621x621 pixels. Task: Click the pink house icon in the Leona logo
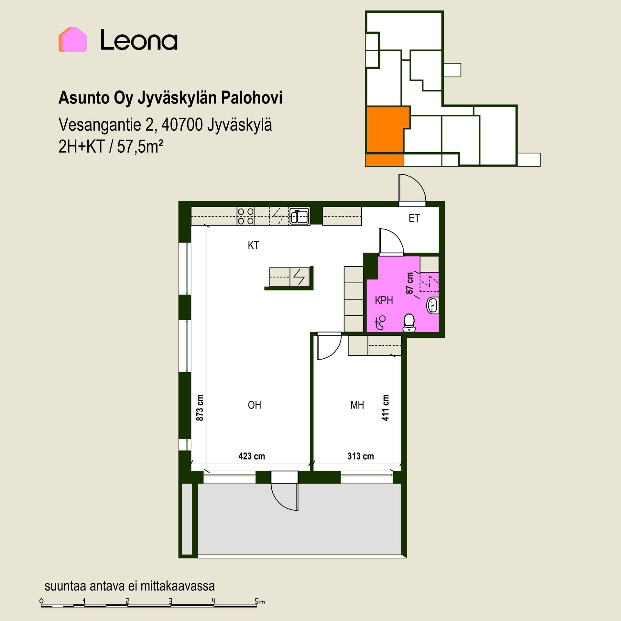click(x=73, y=39)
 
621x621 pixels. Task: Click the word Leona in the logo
click(x=139, y=40)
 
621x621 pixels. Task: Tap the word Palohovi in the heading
click(x=252, y=98)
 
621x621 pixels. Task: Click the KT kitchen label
click(x=253, y=245)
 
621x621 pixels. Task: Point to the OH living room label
click(x=254, y=405)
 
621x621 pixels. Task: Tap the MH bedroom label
click(x=357, y=405)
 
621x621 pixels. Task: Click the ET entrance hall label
click(x=414, y=218)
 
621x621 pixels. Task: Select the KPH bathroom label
click(x=384, y=300)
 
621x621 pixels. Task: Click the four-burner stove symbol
click(x=245, y=216)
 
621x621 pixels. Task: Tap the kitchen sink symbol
click(x=300, y=216)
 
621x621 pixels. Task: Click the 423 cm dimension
click(x=252, y=456)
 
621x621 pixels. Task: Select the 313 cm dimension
click(x=361, y=456)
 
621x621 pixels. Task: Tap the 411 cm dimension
click(x=385, y=408)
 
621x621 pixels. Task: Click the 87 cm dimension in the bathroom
click(x=410, y=283)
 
